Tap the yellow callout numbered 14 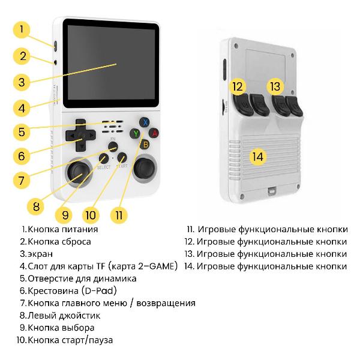click(x=257, y=157)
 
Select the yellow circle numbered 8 click(x=36, y=206)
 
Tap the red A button click(x=154, y=133)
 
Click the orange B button click(x=145, y=144)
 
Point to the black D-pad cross click(x=79, y=136)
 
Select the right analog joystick click(x=144, y=172)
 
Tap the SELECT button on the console click(x=104, y=158)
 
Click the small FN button click(x=113, y=146)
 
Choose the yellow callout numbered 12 click(x=238, y=86)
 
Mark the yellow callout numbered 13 click(x=275, y=86)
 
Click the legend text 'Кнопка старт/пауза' click(x=70, y=340)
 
